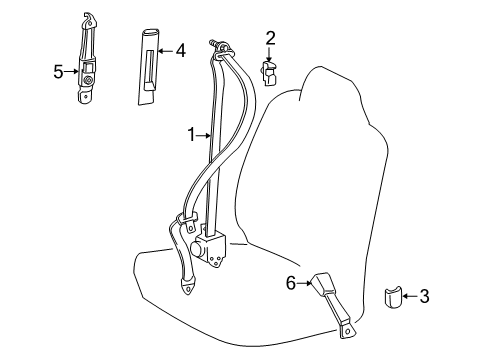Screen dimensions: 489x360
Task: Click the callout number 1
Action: coord(191,135)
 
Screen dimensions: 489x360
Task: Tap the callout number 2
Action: coord(270,39)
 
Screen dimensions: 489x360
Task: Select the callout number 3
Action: coord(424,296)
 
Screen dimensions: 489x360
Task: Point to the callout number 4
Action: coord(180,51)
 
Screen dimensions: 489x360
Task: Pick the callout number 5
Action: coord(58,72)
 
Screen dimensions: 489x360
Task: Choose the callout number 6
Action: coord(291,283)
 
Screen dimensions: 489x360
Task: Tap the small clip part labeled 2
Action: coord(269,73)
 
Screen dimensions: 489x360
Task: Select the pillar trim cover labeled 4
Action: coord(149,67)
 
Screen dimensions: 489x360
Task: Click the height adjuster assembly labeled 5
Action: coord(87,60)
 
